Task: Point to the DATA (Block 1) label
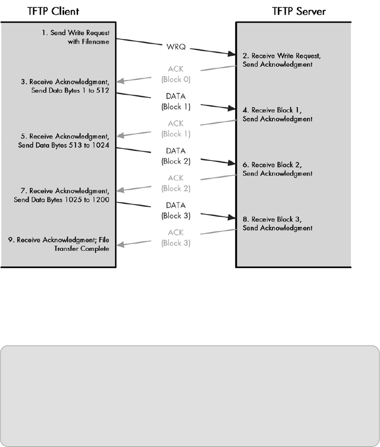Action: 175,101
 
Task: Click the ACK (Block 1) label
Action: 175,129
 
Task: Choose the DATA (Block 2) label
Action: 175,156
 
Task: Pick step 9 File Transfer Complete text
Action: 63,245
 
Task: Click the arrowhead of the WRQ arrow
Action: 232,54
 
